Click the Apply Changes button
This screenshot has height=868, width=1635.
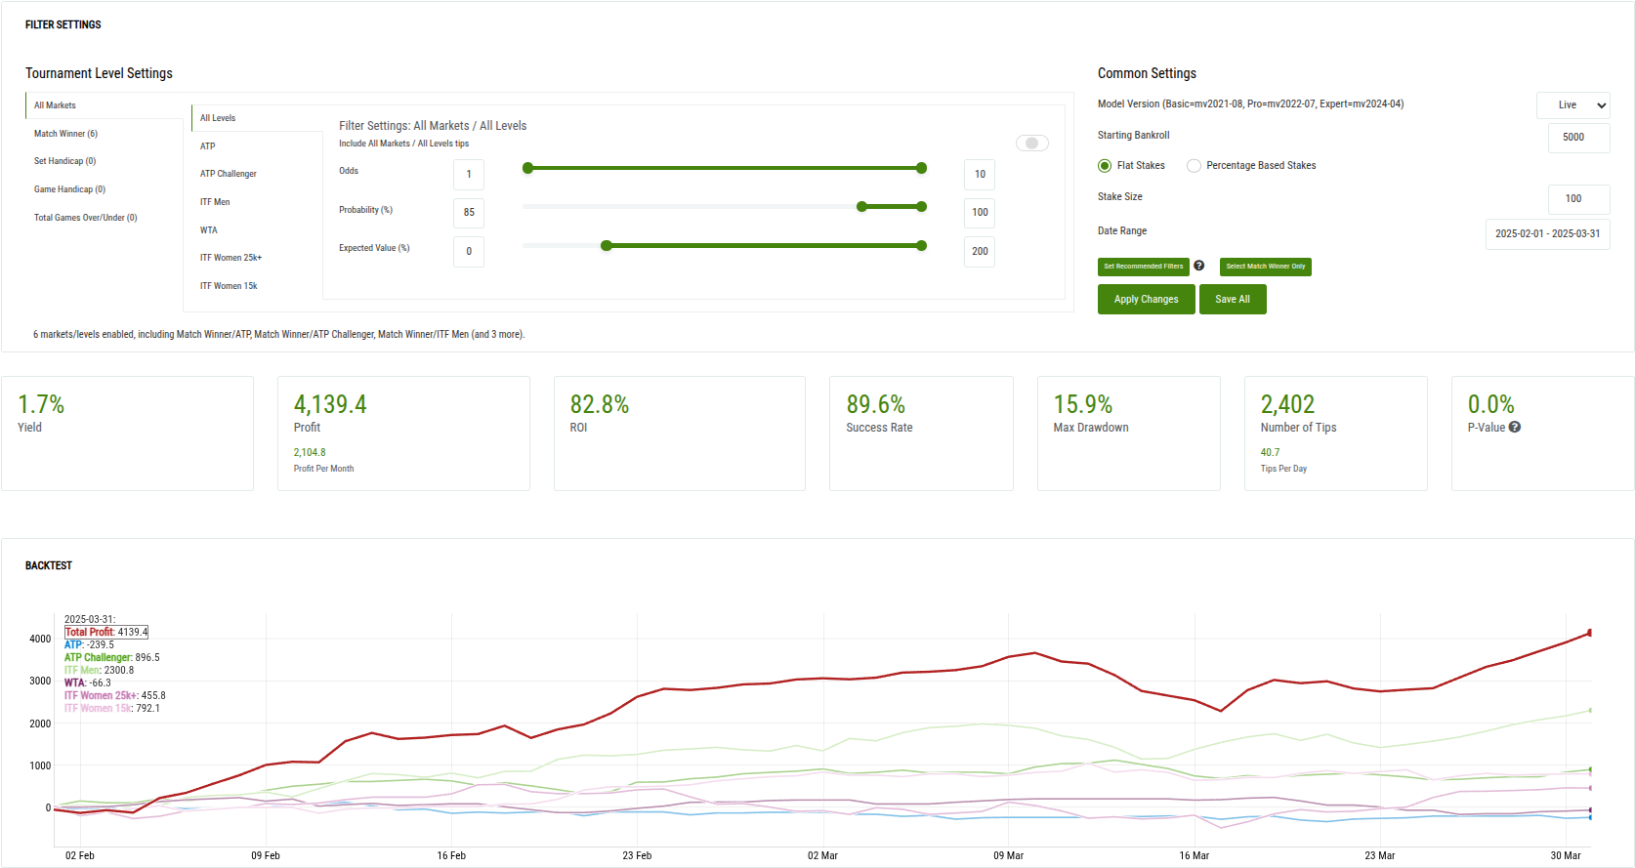pyautogui.click(x=1146, y=300)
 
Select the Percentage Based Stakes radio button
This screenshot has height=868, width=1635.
pyautogui.click(x=1194, y=166)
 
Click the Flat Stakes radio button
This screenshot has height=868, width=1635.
pyautogui.click(x=1105, y=166)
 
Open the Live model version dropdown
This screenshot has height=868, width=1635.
pyautogui.click(x=1572, y=105)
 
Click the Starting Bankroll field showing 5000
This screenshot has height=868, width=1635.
pyautogui.click(x=1577, y=138)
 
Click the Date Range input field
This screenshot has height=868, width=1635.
pyautogui.click(x=1547, y=234)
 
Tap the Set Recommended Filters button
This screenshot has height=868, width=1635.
pyautogui.click(x=1143, y=267)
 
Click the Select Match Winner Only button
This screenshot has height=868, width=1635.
pyautogui.click(x=1265, y=267)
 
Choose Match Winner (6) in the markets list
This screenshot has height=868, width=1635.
pyautogui.click(x=65, y=134)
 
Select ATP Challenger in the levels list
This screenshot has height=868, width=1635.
pyautogui.click(x=229, y=174)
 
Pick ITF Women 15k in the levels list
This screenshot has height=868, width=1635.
pyautogui.click(x=229, y=286)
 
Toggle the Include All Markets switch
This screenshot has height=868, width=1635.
pyautogui.click(x=1031, y=144)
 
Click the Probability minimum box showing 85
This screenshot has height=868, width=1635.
pyautogui.click(x=469, y=213)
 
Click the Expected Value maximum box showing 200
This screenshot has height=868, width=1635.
pyautogui.click(x=979, y=252)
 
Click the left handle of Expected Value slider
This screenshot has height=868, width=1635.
pyautogui.click(x=607, y=246)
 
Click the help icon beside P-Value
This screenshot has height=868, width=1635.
pyautogui.click(x=1515, y=428)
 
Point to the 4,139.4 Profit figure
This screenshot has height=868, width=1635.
pyautogui.click(x=330, y=405)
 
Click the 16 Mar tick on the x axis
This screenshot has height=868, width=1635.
pyautogui.click(x=1194, y=855)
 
